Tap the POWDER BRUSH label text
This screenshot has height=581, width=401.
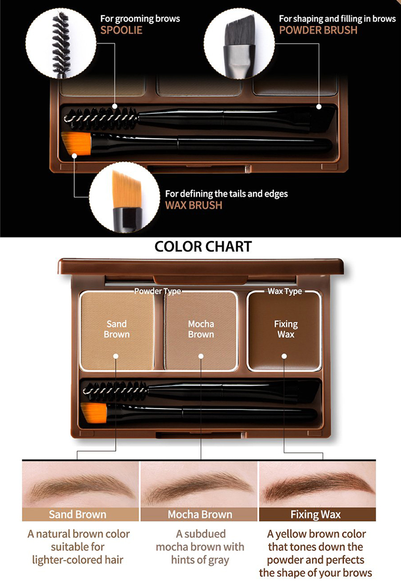(x=318, y=29)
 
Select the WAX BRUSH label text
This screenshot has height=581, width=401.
(x=194, y=205)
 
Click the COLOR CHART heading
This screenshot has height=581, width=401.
(x=203, y=246)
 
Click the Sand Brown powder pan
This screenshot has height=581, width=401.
(x=117, y=330)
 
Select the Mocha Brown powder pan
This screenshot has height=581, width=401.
(x=201, y=330)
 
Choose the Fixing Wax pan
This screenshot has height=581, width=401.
(x=286, y=330)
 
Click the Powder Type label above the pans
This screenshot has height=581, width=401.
(x=157, y=291)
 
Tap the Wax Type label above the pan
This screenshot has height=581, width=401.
(x=284, y=291)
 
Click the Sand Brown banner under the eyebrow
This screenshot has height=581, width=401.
(x=78, y=515)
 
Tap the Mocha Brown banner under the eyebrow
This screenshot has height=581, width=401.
(x=199, y=515)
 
